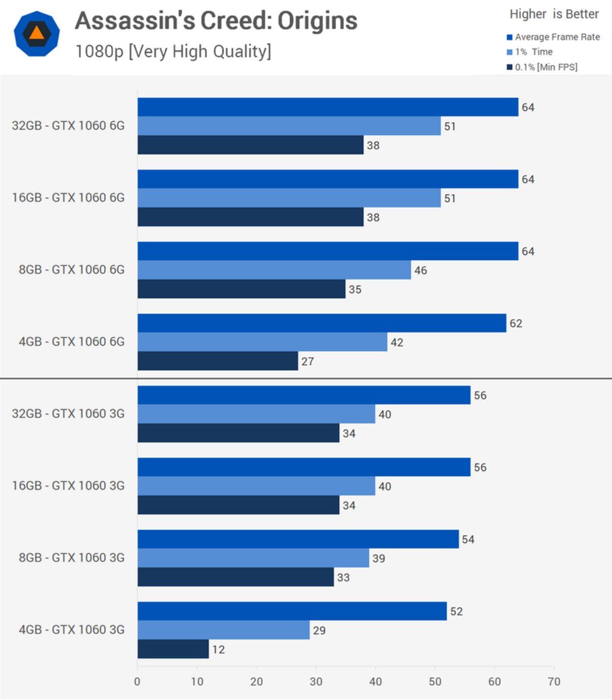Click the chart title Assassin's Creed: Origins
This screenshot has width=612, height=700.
pyautogui.click(x=216, y=21)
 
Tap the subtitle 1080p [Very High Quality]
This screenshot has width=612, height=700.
pyautogui.click(x=173, y=51)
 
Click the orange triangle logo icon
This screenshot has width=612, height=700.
pyautogui.click(x=37, y=34)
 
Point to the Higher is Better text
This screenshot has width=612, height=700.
pyautogui.click(x=554, y=14)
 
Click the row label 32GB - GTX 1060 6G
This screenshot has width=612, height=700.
pyautogui.click(x=68, y=125)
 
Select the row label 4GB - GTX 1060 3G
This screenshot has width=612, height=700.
pyautogui.click(x=71, y=629)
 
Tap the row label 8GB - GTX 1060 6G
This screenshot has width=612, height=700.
pyautogui.click(x=71, y=269)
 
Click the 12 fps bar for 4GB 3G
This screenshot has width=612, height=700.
pyautogui.click(x=173, y=649)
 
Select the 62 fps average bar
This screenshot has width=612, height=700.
pyautogui.click(x=321, y=323)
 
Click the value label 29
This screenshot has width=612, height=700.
pyautogui.click(x=319, y=630)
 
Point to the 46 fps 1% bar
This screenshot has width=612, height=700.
pyautogui.click(x=274, y=270)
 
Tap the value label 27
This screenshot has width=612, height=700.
pyautogui.click(x=308, y=361)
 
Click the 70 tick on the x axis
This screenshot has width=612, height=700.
pyautogui.click(x=554, y=681)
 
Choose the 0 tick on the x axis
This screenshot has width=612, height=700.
pyautogui.click(x=137, y=681)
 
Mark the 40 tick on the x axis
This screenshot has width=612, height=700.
pyautogui.click(x=375, y=681)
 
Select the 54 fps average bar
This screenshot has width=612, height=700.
pyautogui.click(x=298, y=539)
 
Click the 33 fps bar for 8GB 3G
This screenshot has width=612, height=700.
pyautogui.click(x=235, y=577)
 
